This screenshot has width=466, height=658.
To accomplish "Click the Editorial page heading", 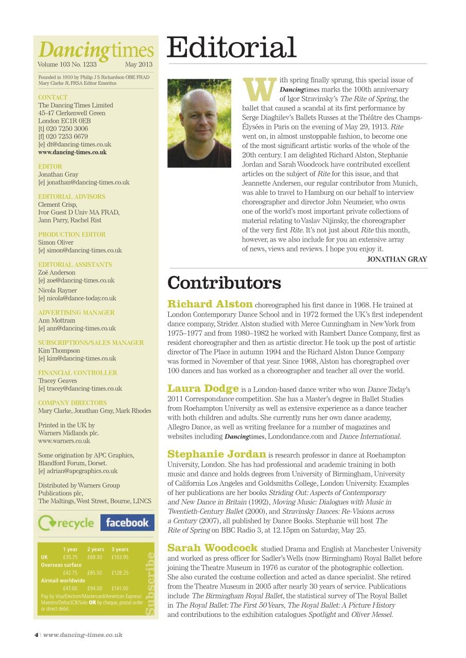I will click(x=232, y=48).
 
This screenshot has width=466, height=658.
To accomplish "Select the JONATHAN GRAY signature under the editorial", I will click(x=396, y=260).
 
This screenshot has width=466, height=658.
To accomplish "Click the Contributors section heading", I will click(x=224, y=283).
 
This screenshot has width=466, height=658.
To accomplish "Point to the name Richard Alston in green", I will click(x=210, y=304).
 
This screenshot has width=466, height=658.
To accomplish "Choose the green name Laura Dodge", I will click(x=203, y=388).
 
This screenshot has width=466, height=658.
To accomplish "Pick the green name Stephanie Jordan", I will click(x=217, y=454).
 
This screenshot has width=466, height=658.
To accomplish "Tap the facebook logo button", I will click(x=127, y=523).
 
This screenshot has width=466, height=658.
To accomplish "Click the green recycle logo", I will click(x=66, y=523).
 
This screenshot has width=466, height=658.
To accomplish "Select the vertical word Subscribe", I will click(x=149, y=583).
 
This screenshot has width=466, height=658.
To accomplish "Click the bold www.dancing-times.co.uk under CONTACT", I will click(x=72, y=152).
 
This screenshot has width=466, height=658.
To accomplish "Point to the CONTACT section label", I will click(x=53, y=97).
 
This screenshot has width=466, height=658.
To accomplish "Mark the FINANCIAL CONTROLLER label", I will click(x=78, y=373).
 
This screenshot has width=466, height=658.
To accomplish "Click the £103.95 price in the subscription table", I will click(x=120, y=557).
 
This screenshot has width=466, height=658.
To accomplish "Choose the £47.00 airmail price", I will click(x=70, y=588).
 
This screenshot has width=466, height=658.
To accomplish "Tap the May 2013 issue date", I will click(x=139, y=65).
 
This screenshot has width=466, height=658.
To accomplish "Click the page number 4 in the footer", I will click(x=36, y=635).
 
